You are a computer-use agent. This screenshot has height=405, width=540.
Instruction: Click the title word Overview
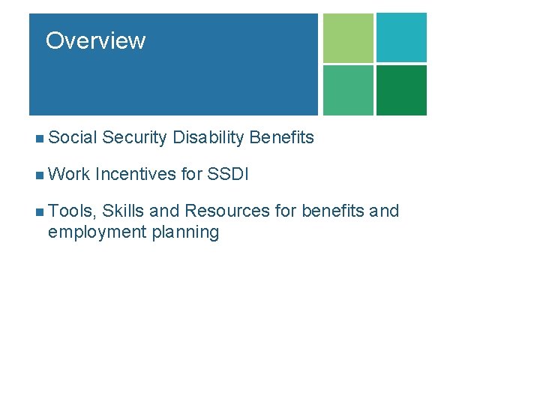95,40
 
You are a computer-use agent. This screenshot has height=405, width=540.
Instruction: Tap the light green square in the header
348,37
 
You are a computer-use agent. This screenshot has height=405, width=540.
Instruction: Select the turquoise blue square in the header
401,37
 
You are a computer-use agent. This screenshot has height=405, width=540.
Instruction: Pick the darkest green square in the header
401,90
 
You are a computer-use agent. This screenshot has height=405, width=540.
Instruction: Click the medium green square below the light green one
348,90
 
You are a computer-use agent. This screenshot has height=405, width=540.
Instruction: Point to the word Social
73,137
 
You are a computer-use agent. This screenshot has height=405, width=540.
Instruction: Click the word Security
134,137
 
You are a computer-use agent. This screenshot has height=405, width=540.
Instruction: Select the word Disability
208,138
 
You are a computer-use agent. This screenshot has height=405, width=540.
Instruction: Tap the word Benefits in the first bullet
281,137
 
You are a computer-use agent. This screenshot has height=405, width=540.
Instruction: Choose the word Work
69,175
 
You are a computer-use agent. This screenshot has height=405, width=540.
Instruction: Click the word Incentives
136,175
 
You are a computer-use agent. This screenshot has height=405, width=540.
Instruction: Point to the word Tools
72,211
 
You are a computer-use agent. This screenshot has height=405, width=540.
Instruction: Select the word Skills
124,211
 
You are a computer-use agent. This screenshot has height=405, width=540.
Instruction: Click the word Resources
228,211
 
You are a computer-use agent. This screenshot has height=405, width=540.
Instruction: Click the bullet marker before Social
39,138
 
